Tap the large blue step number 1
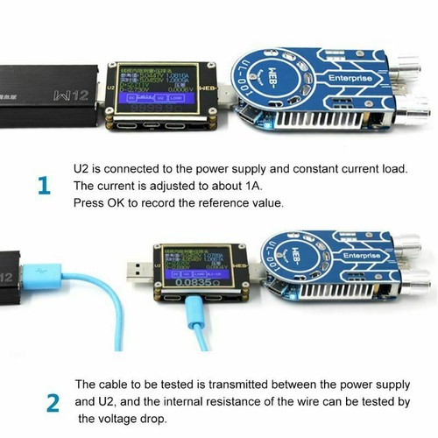click(44, 187)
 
